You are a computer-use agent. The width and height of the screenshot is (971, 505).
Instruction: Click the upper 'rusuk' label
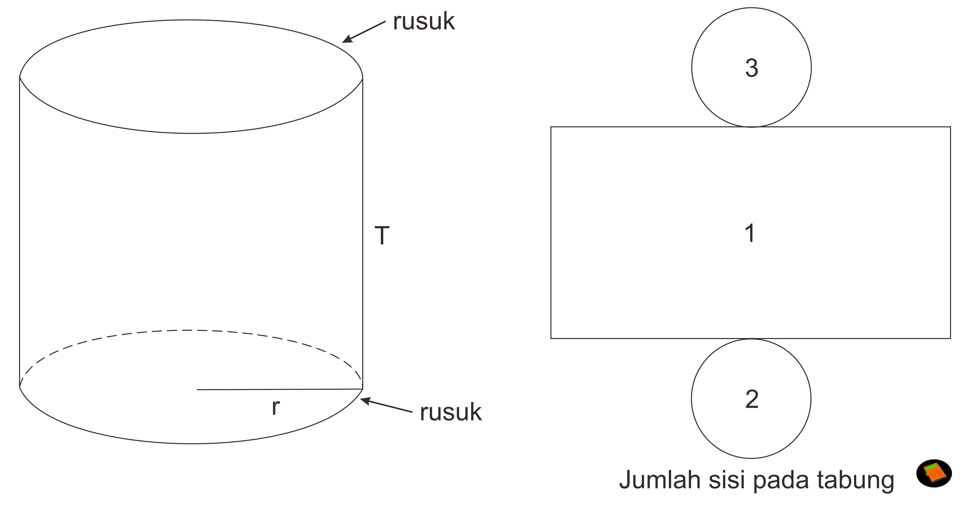[424, 22]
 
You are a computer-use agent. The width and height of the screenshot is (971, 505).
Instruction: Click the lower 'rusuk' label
[451, 412]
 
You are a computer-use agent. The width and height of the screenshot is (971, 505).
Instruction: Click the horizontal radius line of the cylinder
[279, 389]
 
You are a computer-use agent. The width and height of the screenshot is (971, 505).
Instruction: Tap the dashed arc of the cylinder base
[189, 331]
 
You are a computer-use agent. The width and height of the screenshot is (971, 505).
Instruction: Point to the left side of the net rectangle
[551, 233]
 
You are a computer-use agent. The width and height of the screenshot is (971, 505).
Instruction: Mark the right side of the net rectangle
[950, 233]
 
